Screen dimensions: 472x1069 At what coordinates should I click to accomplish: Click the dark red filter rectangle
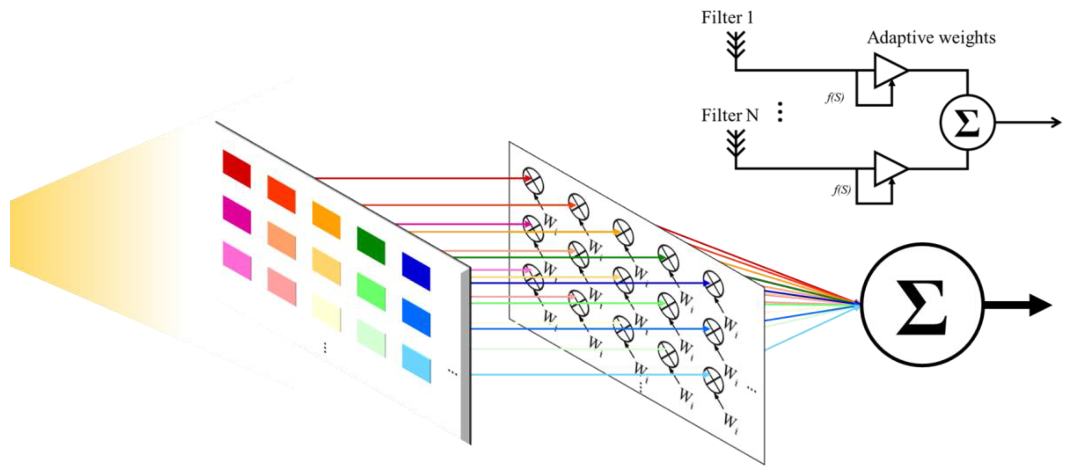237,169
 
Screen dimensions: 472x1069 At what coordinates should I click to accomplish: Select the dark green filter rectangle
371,245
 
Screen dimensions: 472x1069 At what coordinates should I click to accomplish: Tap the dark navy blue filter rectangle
416,271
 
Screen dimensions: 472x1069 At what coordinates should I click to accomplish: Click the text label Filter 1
727,18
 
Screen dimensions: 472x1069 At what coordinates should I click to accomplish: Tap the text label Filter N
730,115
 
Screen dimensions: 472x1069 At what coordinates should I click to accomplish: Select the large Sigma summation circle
922,305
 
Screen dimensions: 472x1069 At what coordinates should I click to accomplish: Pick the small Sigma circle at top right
967,123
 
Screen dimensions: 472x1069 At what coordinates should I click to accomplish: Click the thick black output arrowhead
1040,306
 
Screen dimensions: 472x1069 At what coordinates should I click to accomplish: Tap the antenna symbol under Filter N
736,143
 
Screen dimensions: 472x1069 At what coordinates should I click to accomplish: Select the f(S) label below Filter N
841,190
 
